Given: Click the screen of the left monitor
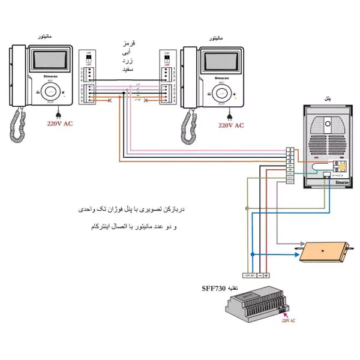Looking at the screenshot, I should pos(50,61).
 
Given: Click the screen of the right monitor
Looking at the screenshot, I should pos(222,61).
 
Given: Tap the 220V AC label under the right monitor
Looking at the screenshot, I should pos(232,125).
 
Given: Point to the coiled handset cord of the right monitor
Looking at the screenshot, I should pos(189,129).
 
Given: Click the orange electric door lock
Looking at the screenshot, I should pos(324,250).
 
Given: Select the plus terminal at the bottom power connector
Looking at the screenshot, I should pos(266,275).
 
